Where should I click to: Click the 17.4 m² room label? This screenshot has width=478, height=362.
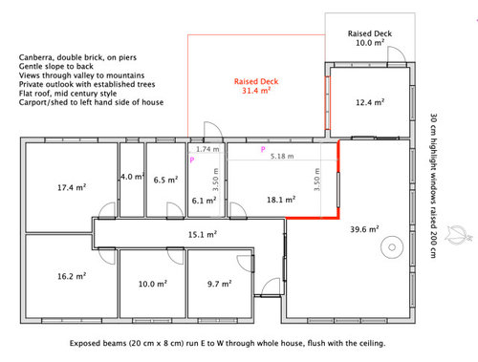73,188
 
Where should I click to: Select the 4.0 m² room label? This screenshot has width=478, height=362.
132,177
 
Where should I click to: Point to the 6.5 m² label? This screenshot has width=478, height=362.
166,179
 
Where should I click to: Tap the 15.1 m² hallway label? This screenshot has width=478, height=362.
203,233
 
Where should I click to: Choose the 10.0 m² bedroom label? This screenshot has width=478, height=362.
153,284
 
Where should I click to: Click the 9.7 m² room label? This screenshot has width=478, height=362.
221,284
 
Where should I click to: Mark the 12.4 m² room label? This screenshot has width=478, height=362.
370,101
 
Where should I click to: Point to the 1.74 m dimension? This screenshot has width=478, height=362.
206,150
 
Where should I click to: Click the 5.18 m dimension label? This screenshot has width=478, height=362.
281,155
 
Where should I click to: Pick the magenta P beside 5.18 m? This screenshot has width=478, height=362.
263,150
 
